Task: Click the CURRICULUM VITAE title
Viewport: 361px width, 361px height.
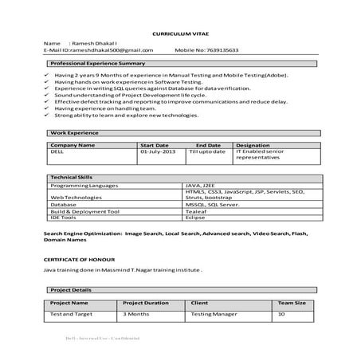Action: click(x=179, y=35)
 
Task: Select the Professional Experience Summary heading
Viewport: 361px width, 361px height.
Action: click(x=97, y=62)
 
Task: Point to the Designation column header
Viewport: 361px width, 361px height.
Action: click(x=253, y=145)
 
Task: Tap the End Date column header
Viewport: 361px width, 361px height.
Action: click(x=207, y=145)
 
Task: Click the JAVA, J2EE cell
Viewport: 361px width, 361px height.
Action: click(x=204, y=184)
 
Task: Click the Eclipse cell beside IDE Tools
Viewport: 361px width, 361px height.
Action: click(x=196, y=217)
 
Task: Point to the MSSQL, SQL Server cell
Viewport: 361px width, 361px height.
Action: click(x=211, y=204)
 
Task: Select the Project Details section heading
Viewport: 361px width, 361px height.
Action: click(x=71, y=290)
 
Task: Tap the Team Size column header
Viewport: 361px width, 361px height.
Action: click(x=291, y=304)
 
